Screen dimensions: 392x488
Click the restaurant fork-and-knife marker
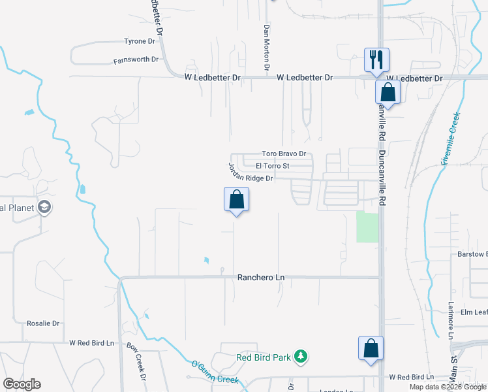[376, 59]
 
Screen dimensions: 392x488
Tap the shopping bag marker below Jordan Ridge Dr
[236, 199]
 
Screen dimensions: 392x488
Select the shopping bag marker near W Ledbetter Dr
[388, 92]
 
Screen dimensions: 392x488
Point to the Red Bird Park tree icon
[300, 357]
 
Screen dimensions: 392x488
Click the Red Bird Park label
[263, 357]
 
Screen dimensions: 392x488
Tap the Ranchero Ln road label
[261, 278]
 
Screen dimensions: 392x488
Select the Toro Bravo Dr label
[284, 154]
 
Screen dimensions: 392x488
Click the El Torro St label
[273, 166]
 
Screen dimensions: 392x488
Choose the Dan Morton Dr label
[266, 48]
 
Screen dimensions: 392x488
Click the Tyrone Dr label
[140, 41]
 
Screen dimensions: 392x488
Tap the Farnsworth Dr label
[136, 59]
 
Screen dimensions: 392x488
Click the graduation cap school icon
[44, 208]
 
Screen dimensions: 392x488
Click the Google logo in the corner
[22, 384]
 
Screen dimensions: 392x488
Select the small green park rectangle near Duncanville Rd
[368, 227]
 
